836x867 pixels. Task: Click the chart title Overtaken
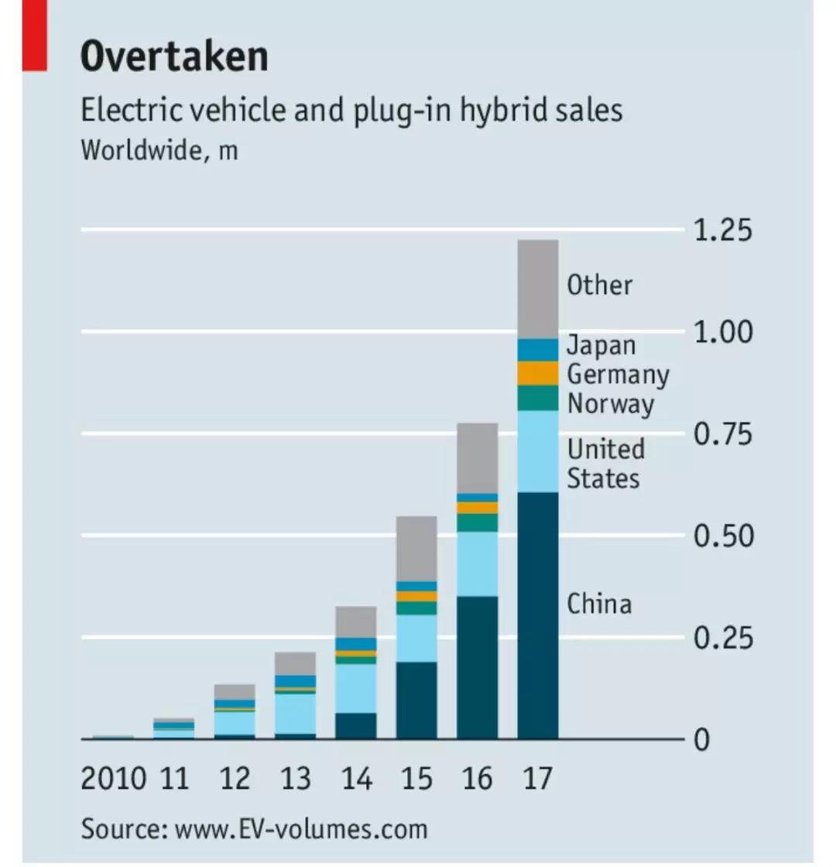[x=174, y=56]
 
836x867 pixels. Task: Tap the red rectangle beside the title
[x=34, y=36]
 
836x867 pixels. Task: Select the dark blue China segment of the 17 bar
[x=538, y=615]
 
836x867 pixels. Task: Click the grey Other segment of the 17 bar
[x=538, y=289]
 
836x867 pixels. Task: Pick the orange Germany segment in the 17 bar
[x=538, y=373]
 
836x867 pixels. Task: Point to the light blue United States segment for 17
[x=538, y=451]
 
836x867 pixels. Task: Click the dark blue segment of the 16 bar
[x=477, y=667]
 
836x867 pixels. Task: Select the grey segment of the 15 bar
[x=416, y=548]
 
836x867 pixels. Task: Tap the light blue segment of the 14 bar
[x=356, y=687]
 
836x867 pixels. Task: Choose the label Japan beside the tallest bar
[x=601, y=345]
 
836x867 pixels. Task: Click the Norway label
[x=610, y=403]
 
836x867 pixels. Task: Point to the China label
[x=599, y=603]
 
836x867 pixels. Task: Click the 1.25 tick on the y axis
[x=723, y=231]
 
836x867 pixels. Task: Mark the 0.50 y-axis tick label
[x=723, y=536]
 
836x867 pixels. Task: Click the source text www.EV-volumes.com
[x=301, y=829]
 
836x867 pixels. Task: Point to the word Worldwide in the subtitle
[x=140, y=149]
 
